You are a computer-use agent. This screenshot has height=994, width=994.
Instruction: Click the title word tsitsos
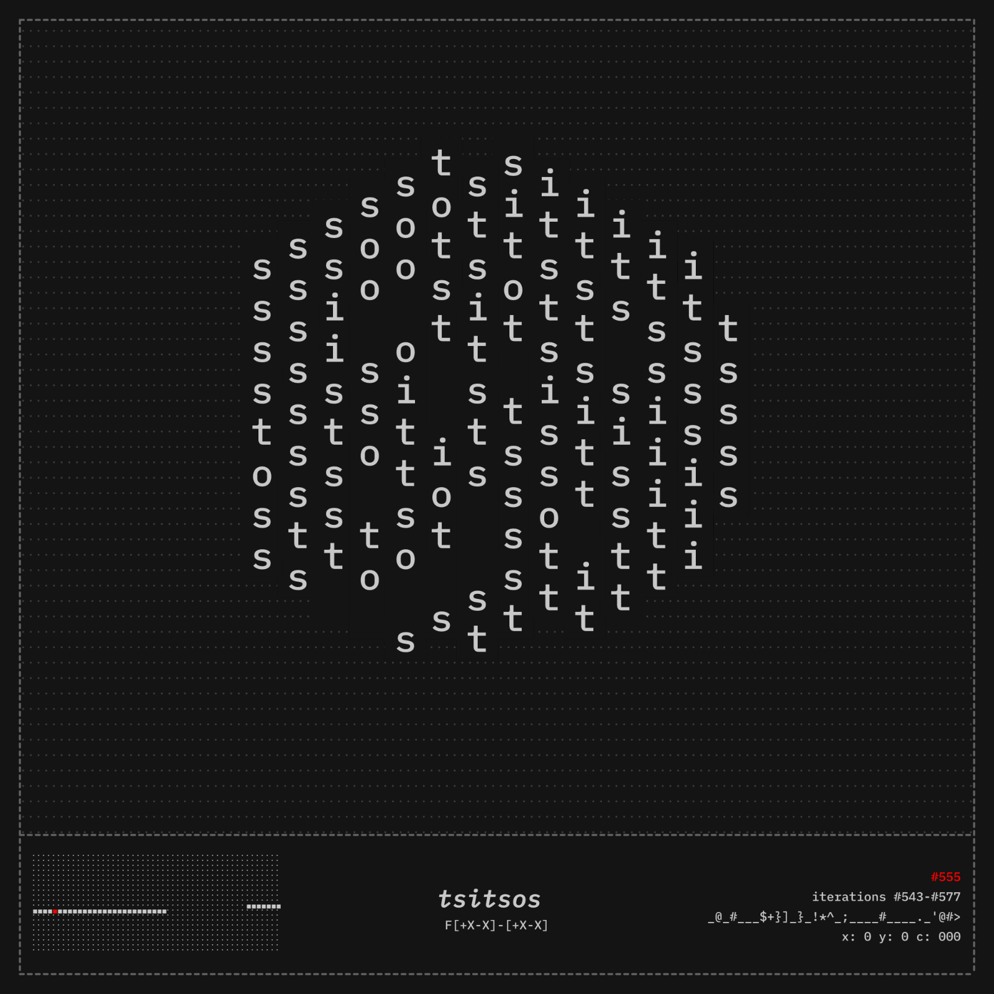[x=490, y=899]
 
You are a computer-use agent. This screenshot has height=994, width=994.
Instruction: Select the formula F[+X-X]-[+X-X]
[x=496, y=925]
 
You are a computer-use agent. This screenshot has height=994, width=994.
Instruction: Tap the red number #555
[x=946, y=877]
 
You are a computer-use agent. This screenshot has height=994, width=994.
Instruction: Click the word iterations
[x=849, y=896]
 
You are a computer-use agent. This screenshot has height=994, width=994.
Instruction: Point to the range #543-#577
[x=927, y=896]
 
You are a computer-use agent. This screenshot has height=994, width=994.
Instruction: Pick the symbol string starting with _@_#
[x=834, y=916]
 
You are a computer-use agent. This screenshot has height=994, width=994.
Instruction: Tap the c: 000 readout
[x=938, y=936]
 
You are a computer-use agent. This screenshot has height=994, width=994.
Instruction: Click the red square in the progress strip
[x=55, y=911]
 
